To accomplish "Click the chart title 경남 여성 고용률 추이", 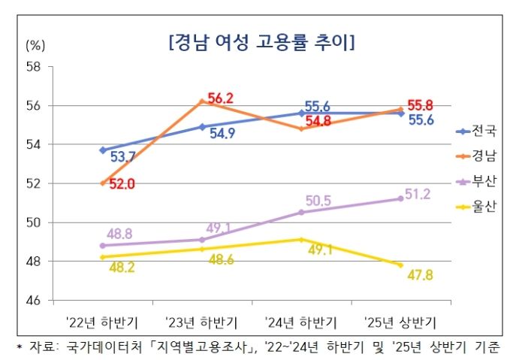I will pyautogui.click(x=262, y=41).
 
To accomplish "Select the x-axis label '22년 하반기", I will pyautogui.click(x=102, y=322).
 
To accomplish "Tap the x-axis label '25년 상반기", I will pyautogui.click(x=400, y=322).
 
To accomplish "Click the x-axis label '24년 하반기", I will pyautogui.click(x=301, y=322).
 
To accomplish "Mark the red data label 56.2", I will pyautogui.click(x=222, y=98).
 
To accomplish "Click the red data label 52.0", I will pyautogui.click(x=121, y=184).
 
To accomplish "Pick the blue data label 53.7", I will pyautogui.click(x=122, y=157).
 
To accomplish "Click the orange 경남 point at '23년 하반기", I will pyautogui.click(x=202, y=101).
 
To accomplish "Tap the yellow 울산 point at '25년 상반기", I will pyautogui.click(x=400, y=265).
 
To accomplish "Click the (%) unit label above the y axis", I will pyautogui.click(x=36, y=44).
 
